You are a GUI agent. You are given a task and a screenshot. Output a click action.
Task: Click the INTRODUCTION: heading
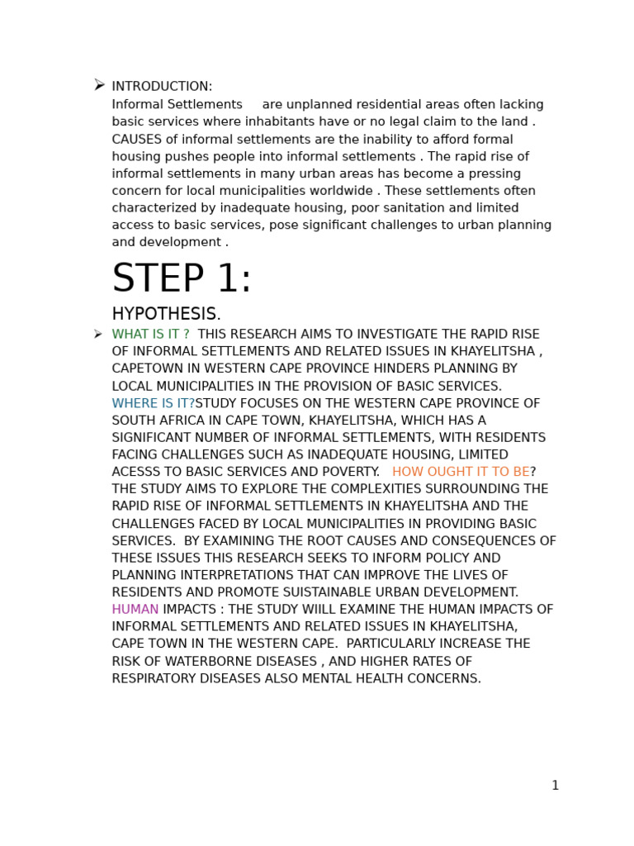coord(162,87)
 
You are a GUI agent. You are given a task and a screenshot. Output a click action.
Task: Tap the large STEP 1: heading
coord(182,279)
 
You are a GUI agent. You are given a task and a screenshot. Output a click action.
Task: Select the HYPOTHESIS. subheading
coord(166,315)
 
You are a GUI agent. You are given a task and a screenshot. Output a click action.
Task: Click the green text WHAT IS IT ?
coord(150,335)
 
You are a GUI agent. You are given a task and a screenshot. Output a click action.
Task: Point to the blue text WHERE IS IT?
coord(153,404)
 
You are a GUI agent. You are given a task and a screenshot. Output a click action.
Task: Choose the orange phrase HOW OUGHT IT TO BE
coord(461,473)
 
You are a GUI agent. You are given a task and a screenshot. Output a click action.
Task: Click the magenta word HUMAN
coord(135,610)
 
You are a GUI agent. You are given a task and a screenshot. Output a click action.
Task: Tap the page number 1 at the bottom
coord(555,786)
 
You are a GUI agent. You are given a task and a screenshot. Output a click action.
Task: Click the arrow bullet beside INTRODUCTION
coord(99,85)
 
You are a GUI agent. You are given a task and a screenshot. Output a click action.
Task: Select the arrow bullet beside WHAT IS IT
coord(98,335)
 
